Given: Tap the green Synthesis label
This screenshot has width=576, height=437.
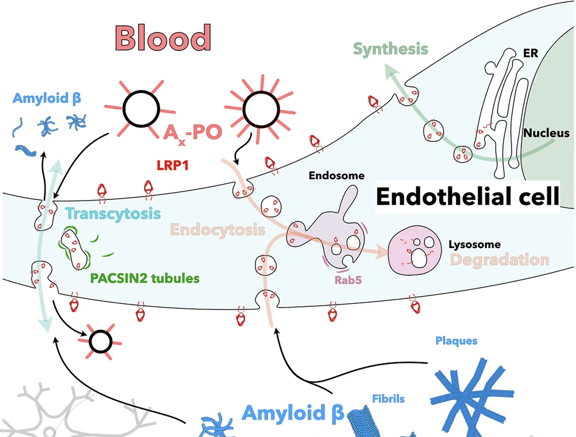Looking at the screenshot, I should click(391, 49).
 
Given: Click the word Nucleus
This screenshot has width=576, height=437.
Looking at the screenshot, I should click(546, 133).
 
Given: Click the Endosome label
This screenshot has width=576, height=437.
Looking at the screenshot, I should click(336, 176).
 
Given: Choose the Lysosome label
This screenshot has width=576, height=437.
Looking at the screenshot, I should click(474, 244).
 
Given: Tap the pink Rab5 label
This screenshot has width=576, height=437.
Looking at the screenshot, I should click(347, 281).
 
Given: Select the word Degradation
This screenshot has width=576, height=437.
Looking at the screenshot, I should click(499, 260).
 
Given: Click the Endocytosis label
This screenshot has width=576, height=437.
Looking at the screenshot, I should click(218, 230).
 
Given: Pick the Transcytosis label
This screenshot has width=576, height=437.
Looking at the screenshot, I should click(113, 214).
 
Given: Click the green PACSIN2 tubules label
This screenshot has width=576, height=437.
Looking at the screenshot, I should click(145, 279).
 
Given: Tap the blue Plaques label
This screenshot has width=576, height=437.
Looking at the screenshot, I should click(456, 340).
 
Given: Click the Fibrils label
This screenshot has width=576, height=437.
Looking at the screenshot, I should click(388, 399).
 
